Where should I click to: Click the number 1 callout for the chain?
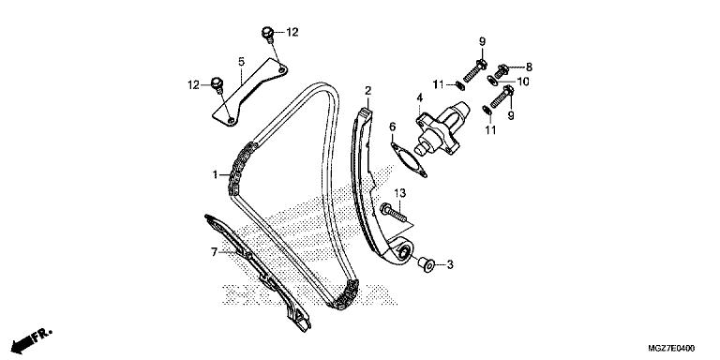click(x=215, y=175)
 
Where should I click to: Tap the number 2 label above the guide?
click(x=367, y=90)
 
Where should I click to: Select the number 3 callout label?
click(x=450, y=264)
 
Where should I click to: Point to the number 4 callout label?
click(x=420, y=97)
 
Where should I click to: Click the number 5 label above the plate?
click(x=242, y=62)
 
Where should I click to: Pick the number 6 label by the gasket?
click(x=392, y=127)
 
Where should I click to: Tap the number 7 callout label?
click(x=214, y=251)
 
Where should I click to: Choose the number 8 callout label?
click(x=529, y=67)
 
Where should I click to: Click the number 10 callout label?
click(x=523, y=82)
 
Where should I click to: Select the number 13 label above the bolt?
click(x=400, y=193)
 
